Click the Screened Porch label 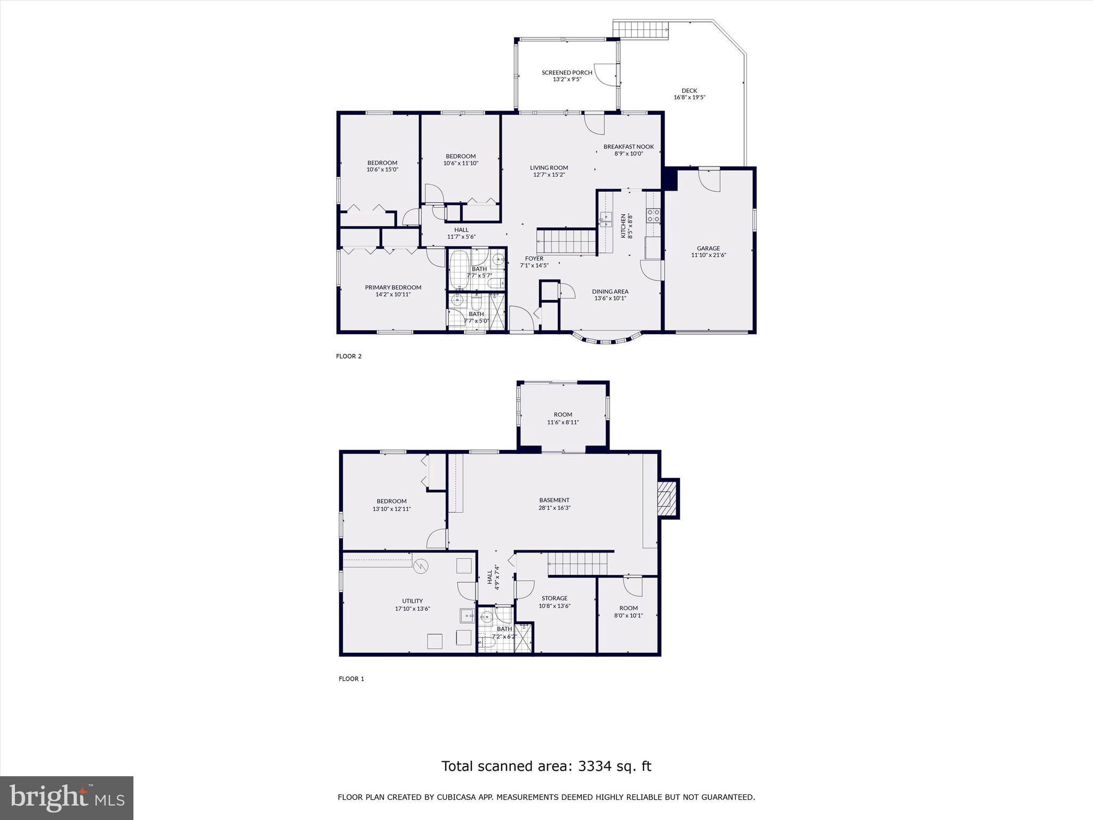567,73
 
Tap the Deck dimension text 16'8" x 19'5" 690,98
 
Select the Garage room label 708,248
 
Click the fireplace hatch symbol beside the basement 665,498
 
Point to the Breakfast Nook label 629,147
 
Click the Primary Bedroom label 393,287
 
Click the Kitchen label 623,225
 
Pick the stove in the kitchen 653,216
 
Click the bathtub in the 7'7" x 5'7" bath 458,269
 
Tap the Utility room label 413,601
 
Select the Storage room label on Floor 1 555,598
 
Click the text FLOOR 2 349,356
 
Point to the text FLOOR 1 351,679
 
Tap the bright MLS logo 67,798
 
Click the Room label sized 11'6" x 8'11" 563,415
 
